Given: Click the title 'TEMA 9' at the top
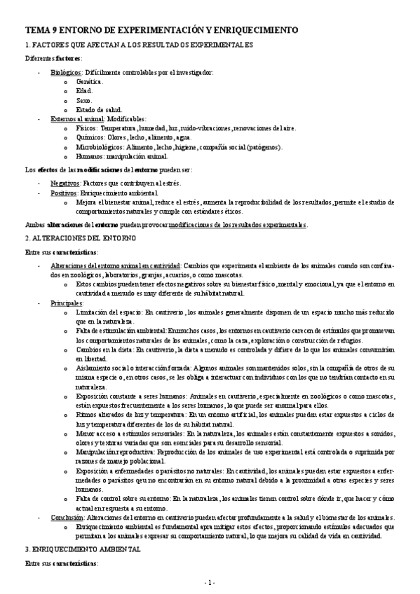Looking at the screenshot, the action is pyautogui.click(x=42, y=31).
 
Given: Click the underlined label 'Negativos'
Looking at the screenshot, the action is pyautogui.click(x=65, y=183).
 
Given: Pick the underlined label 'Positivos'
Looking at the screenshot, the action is pyautogui.click(x=64, y=193).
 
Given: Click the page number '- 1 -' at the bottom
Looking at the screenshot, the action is pyautogui.click(x=210, y=582).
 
